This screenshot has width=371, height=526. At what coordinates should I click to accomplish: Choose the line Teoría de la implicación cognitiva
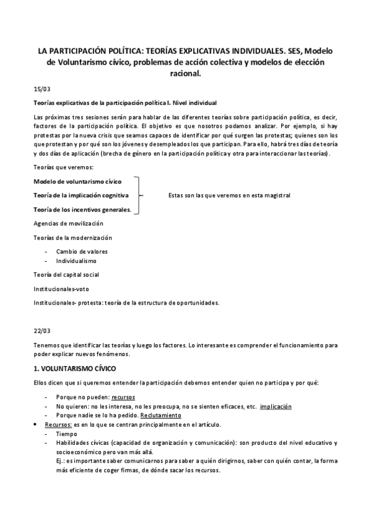[81, 195]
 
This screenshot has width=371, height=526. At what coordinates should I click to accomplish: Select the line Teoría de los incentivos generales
[82, 210]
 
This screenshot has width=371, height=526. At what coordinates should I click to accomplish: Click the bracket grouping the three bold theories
[139, 195]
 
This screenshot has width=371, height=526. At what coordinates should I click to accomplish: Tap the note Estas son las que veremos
[229, 195]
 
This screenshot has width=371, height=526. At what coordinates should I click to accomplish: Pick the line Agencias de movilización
[68, 223]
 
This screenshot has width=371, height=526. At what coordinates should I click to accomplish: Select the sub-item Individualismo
[76, 261]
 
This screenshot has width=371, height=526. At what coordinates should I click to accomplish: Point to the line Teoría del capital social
[66, 274]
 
